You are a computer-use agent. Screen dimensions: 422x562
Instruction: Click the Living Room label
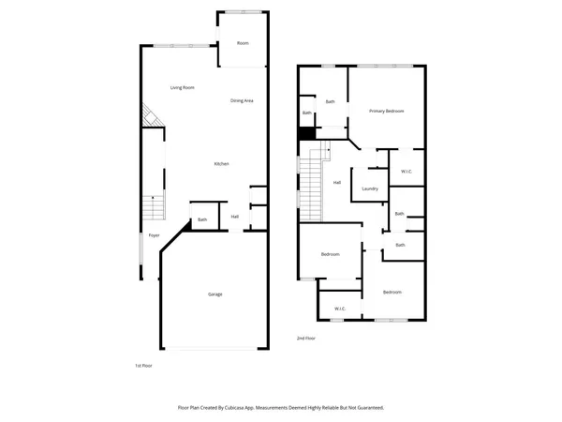(x=182, y=87)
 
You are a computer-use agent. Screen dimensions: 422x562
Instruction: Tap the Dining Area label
(x=243, y=100)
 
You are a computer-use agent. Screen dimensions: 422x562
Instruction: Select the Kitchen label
(x=221, y=164)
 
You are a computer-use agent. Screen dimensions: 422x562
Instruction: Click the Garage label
(x=214, y=294)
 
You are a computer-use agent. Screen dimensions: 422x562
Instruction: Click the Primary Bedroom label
(x=386, y=111)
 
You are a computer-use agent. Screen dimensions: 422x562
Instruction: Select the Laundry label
(x=369, y=188)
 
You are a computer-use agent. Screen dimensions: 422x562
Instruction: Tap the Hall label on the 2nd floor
(x=337, y=182)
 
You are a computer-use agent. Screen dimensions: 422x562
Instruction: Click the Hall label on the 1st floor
(x=235, y=217)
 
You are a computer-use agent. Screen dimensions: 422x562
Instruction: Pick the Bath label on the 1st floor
(x=202, y=220)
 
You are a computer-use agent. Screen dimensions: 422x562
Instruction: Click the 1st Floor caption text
(x=144, y=366)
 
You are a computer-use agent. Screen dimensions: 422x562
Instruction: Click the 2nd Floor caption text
(x=306, y=338)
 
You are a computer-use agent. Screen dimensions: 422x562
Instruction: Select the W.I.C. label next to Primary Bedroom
(x=407, y=172)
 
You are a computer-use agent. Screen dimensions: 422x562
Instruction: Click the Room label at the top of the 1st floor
(x=243, y=43)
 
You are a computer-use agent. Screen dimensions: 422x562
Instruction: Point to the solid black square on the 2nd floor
(x=304, y=132)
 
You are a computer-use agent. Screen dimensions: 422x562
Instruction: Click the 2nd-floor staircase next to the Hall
(x=310, y=178)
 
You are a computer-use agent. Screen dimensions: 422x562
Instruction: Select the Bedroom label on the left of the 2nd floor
(x=330, y=255)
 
